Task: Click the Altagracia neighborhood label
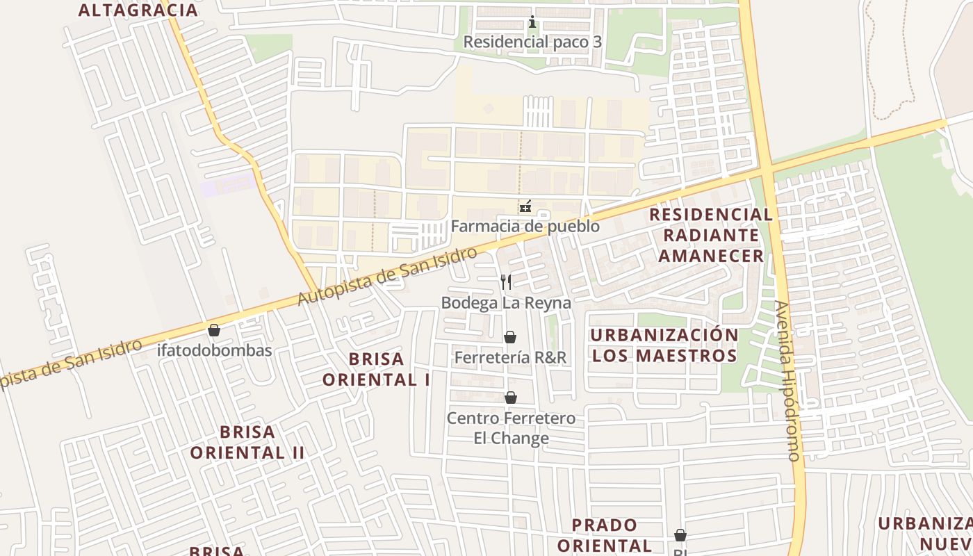(138, 10)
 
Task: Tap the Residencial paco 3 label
(532, 42)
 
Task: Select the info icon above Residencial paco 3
(532, 22)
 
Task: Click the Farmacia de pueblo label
(525, 226)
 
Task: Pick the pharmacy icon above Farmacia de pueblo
(525, 206)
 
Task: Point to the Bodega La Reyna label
(506, 302)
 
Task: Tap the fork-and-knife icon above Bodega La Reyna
(506, 281)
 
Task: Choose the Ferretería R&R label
(510, 357)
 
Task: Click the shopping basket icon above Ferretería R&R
(510, 337)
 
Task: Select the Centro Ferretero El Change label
(511, 428)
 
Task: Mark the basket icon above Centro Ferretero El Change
(511, 398)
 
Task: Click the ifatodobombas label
(214, 350)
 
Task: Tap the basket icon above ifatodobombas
(214, 329)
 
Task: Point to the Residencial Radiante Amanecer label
(711, 235)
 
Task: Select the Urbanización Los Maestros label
(664, 345)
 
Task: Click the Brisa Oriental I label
(376, 369)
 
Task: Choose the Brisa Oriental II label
(247, 442)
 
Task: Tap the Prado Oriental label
(604, 534)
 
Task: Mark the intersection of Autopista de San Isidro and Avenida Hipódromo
(767, 168)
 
